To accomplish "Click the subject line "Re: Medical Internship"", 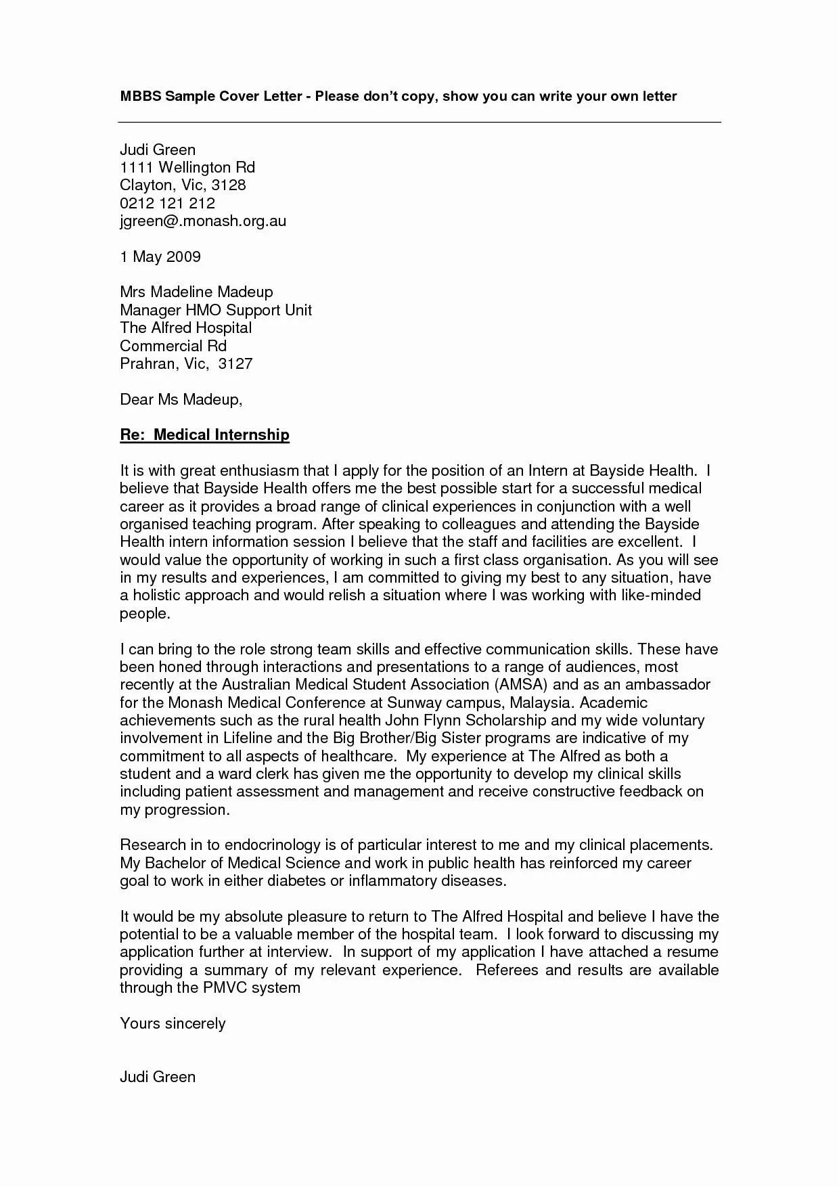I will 204,434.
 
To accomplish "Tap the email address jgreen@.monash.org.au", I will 203,221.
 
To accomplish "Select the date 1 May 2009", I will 160,256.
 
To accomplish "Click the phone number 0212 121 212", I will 167,203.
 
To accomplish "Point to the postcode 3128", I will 228,185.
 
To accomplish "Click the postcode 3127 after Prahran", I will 235,363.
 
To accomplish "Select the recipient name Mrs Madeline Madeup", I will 196,292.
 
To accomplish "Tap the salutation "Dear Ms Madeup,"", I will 181,399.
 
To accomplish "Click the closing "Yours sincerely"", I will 173,1023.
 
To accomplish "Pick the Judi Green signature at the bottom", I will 158,1076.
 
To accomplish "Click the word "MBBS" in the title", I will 141,96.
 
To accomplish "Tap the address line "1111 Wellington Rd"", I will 187,167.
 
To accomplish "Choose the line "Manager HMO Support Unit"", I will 216,310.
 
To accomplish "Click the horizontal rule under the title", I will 419,122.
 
